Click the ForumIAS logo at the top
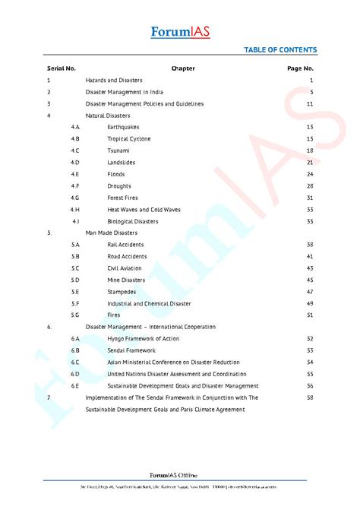pyautogui.click(x=180, y=33)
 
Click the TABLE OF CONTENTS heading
pyautogui.click(x=280, y=50)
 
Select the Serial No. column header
pyautogui.click(x=62, y=68)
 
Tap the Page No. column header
pyautogui.click(x=300, y=68)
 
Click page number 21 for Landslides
pyautogui.click(x=310, y=163)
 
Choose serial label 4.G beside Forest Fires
pyautogui.click(x=75, y=198)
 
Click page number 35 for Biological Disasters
pyautogui.click(x=310, y=221)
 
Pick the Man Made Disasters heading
pyautogui.click(x=112, y=233)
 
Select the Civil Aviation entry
pyautogui.click(x=125, y=268)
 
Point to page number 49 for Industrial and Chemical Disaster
pyautogui.click(x=310, y=303)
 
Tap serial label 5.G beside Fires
pyautogui.click(x=75, y=315)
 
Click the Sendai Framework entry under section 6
pyautogui.click(x=131, y=350)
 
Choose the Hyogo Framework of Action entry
pyautogui.click(x=143, y=338)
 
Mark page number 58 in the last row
pyautogui.click(x=310, y=398)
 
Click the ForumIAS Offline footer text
pyautogui.click(x=180, y=473)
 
